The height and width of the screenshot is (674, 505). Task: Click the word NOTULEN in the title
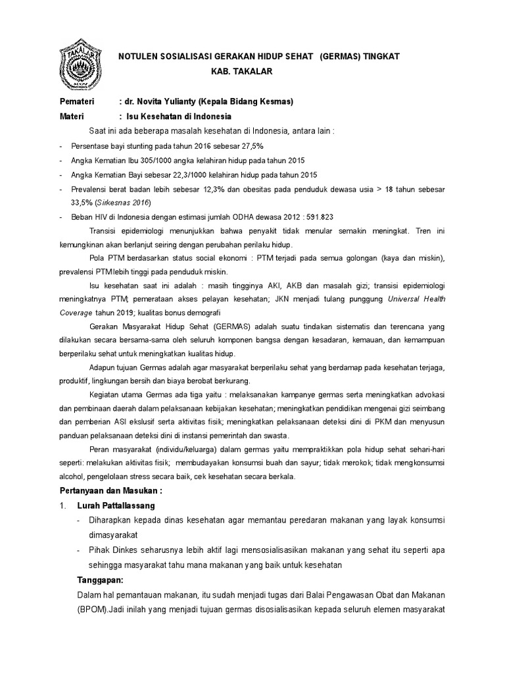pos(141,57)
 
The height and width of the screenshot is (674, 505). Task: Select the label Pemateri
pos(77,102)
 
